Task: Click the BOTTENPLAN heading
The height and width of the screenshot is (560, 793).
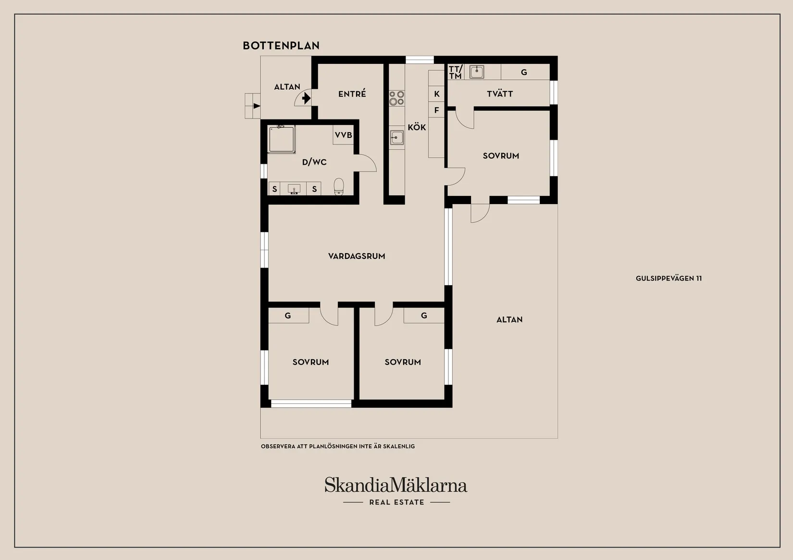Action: tap(281, 46)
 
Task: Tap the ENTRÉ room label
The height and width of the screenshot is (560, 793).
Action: tap(352, 94)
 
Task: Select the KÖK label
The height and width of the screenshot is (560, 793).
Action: tap(417, 127)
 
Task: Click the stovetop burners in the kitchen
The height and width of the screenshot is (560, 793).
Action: tap(396, 98)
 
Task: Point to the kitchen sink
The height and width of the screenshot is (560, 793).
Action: tap(397, 137)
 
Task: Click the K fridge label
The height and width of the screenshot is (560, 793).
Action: tap(436, 94)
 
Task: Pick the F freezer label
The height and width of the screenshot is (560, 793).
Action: tap(436, 110)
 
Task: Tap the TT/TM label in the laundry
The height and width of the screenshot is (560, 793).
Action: tap(456, 72)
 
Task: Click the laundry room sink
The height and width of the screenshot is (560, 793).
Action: tap(476, 72)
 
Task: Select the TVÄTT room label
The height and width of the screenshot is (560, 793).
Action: tap(499, 94)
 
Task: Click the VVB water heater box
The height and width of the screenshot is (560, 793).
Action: tap(344, 135)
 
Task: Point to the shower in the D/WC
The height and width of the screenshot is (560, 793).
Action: tap(282, 139)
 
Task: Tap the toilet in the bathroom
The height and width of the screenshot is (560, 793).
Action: tap(339, 186)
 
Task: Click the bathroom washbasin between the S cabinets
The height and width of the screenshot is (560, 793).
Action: tap(294, 189)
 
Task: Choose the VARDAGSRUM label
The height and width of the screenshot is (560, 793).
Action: tap(357, 256)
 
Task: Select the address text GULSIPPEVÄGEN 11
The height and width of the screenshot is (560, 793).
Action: tap(669, 279)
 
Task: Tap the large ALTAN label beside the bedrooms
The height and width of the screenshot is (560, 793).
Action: tap(509, 320)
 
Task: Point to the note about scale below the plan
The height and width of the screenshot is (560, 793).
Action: tap(338, 447)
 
